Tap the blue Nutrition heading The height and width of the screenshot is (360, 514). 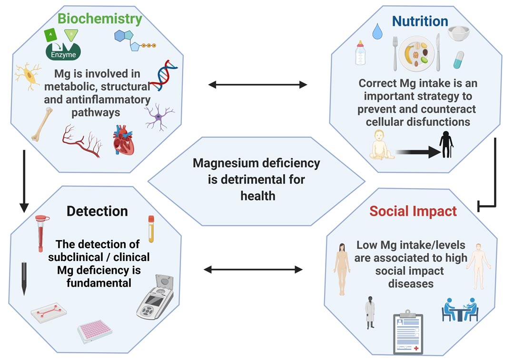[420, 21]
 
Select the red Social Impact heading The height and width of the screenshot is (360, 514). [413, 211]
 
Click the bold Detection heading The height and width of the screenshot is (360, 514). [97, 211]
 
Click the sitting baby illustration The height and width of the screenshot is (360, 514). [382, 146]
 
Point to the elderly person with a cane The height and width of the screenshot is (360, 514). [446, 143]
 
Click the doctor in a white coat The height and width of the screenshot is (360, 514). [370, 312]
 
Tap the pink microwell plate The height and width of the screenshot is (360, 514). [95, 330]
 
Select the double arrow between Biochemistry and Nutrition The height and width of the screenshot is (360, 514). [257, 85]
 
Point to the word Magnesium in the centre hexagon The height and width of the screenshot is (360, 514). [224, 163]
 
